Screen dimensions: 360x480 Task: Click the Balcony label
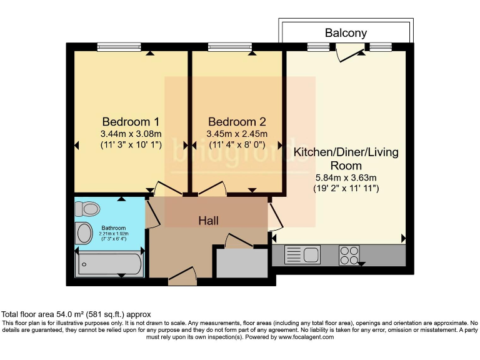346,32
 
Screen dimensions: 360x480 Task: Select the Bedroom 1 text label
131,121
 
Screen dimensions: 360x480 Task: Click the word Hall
209,221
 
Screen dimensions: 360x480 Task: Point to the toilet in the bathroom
90,209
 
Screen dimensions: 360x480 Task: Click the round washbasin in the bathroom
83,234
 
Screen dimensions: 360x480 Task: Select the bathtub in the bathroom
109,264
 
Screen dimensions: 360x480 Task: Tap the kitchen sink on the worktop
302,254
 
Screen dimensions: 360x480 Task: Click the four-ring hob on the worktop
349,254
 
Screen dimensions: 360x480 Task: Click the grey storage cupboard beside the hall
241,263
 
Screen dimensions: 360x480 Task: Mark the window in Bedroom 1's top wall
119,46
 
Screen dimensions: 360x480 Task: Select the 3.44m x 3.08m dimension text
131,134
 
